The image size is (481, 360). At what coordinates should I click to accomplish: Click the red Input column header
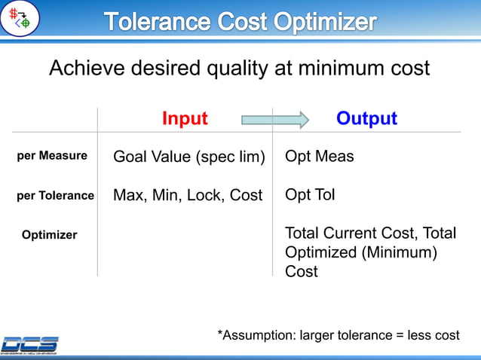(x=185, y=119)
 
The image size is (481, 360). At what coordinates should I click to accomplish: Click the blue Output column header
(x=366, y=119)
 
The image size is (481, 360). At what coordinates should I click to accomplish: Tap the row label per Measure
(x=52, y=156)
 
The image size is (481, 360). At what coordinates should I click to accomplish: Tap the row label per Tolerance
(x=55, y=196)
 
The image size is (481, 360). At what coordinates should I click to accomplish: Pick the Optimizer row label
(x=49, y=235)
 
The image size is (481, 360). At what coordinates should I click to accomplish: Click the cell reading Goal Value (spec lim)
(x=188, y=157)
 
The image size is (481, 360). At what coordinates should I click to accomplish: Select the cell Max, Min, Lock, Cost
(x=188, y=196)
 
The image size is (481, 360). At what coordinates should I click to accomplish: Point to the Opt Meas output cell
(x=319, y=157)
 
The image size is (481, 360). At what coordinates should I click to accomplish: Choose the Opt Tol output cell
(x=310, y=195)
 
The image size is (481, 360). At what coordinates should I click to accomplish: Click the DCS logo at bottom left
(x=29, y=344)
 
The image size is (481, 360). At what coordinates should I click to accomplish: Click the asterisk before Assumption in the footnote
(x=220, y=333)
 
